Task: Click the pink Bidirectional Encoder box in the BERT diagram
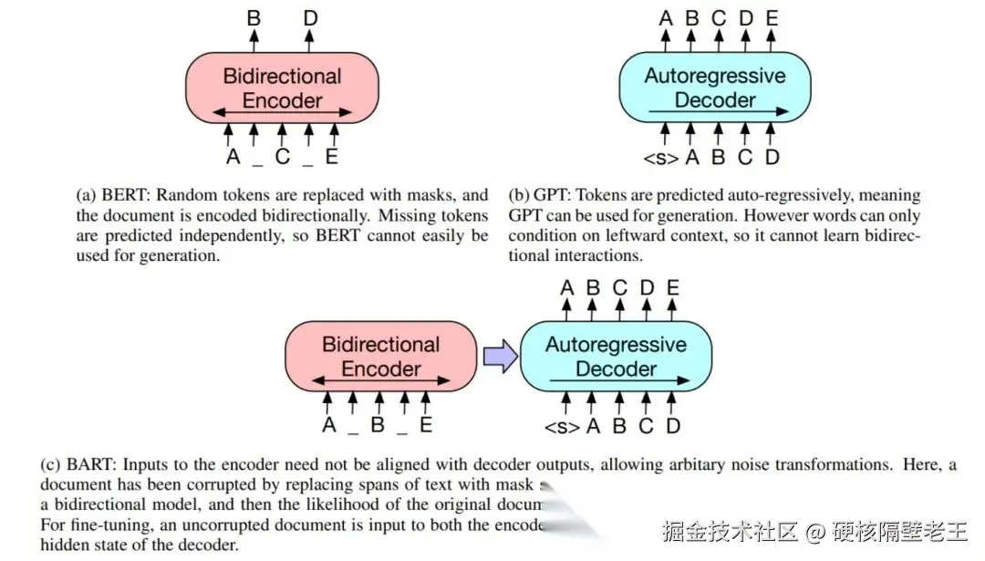click(x=282, y=88)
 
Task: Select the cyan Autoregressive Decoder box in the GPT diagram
click(x=714, y=88)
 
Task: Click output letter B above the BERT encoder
click(x=254, y=16)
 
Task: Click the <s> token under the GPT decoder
click(x=660, y=157)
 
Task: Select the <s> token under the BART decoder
click(x=561, y=426)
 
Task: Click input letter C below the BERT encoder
click(x=283, y=157)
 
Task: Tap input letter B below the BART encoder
click(x=377, y=425)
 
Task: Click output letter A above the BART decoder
click(x=566, y=287)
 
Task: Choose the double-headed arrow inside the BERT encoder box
click(x=282, y=112)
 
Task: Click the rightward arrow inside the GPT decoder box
click(x=715, y=112)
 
